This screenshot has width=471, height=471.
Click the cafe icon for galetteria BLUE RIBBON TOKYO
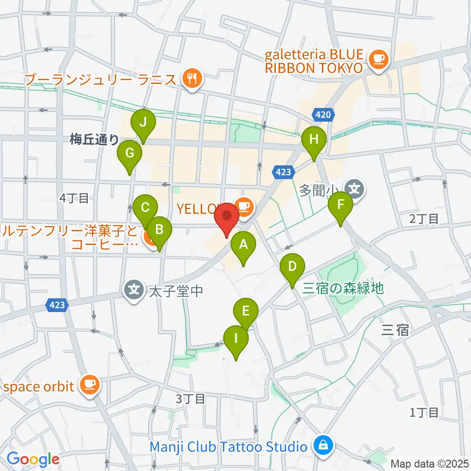[x=378, y=60]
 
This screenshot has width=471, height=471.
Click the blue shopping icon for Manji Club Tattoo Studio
[x=323, y=446]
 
